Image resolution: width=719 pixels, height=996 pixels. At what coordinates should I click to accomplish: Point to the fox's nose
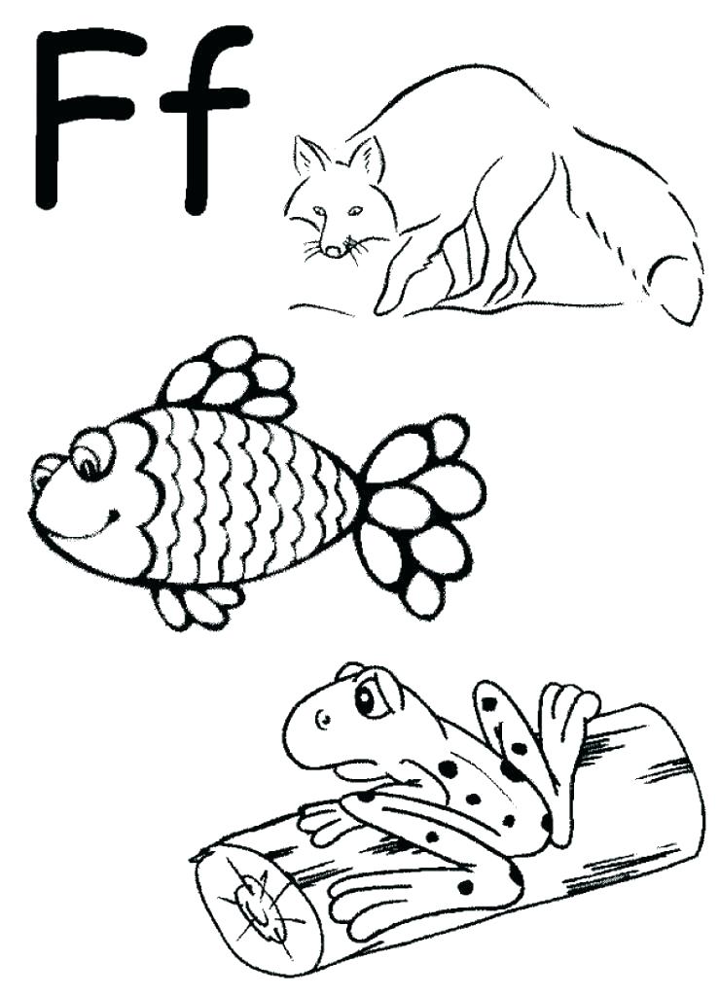(x=334, y=251)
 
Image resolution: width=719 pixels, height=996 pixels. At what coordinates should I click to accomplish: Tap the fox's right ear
(x=368, y=156)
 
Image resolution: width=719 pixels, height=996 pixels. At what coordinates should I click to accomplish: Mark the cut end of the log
(x=248, y=900)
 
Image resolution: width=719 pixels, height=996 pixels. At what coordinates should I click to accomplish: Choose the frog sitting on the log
(x=438, y=778)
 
